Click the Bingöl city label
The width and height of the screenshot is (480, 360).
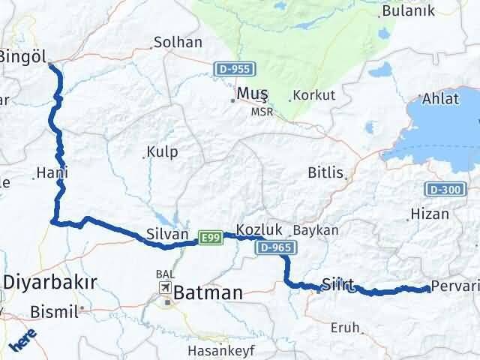[22, 56]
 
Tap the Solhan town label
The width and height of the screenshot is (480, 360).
[178, 43]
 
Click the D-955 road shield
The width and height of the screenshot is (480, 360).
[232, 69]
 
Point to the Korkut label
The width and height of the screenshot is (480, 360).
[314, 95]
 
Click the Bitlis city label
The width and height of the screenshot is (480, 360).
[325, 173]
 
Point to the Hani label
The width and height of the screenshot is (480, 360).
[52, 172]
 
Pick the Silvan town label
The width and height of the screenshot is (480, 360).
[165, 233]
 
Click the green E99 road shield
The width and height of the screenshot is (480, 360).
[209, 238]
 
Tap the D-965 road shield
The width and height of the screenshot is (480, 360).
[275, 247]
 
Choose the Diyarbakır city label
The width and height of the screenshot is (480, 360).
[51, 283]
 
